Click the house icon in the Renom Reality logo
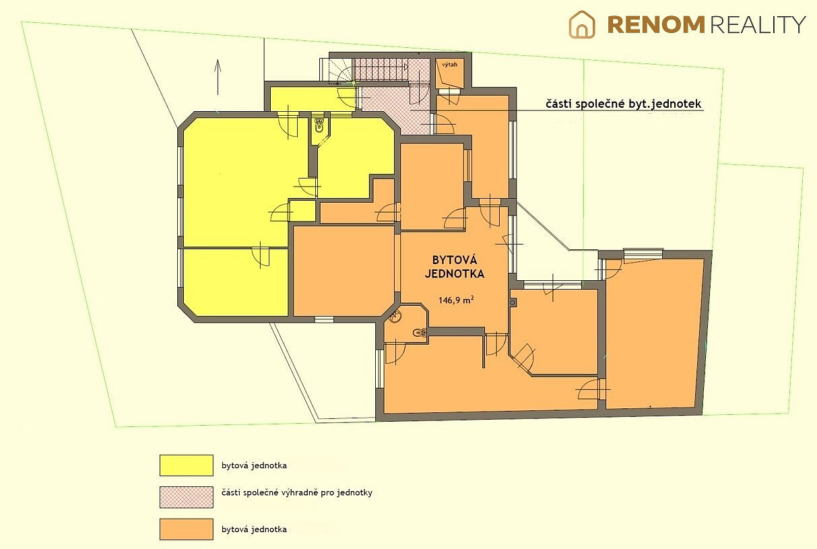click(x=582, y=24)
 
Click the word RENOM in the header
click(x=656, y=25)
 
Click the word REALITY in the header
click(x=758, y=25)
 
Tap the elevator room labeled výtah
click(x=450, y=73)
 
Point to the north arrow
click(x=218, y=77)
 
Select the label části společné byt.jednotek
click(x=623, y=104)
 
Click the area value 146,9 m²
click(x=456, y=300)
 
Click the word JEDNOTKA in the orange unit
click(x=455, y=274)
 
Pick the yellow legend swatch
click(x=187, y=465)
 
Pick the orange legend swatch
click(x=187, y=529)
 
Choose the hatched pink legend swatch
click(x=187, y=497)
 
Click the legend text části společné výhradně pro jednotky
click(x=297, y=493)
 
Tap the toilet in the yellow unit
click(x=319, y=125)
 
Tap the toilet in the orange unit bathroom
click(x=420, y=332)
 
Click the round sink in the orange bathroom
click(x=394, y=317)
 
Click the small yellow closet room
click(x=302, y=211)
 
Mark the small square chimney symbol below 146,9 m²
click(x=513, y=302)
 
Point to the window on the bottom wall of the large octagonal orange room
click(x=324, y=320)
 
